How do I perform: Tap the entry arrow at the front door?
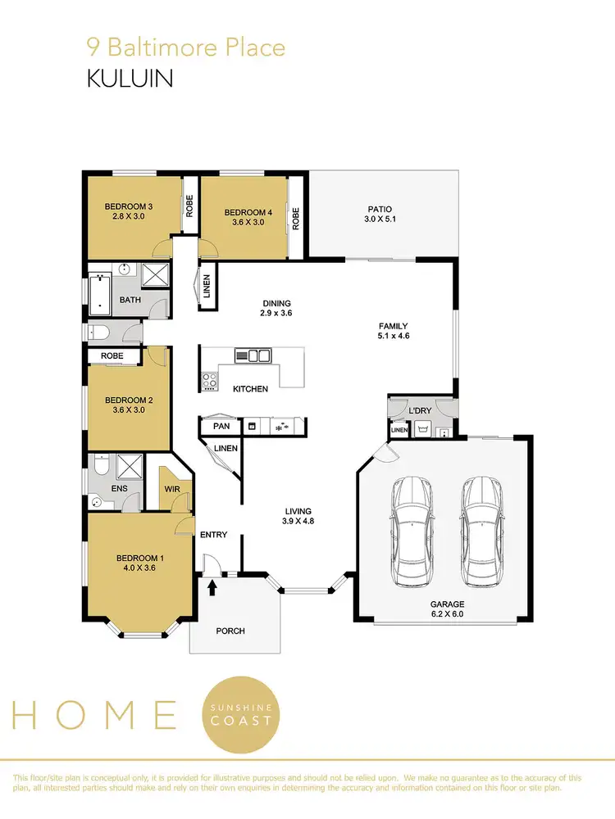[x=213, y=586]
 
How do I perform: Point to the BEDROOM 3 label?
[x=129, y=206]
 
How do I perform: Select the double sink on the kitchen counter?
[x=253, y=355]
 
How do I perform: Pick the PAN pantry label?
[x=221, y=426]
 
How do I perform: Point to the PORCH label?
[x=230, y=631]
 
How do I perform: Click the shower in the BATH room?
[x=154, y=274]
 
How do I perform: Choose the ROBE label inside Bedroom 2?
[x=112, y=356]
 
